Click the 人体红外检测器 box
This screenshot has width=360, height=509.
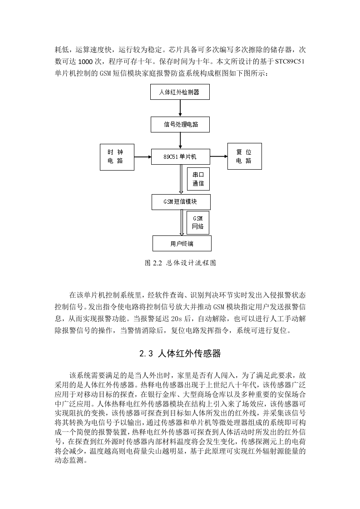(180, 92)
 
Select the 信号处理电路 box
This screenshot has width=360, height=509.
(180, 124)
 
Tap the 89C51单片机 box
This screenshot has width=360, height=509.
(181, 157)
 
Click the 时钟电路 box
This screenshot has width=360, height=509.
(117, 157)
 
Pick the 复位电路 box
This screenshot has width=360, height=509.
(244, 156)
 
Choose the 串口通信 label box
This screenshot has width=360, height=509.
(198, 179)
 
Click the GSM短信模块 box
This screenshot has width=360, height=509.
(181, 202)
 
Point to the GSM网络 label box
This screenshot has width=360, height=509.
(198, 223)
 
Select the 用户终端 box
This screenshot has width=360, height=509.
(182, 243)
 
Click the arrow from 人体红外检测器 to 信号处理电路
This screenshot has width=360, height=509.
(180, 108)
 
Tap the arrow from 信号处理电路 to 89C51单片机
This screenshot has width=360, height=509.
(180, 141)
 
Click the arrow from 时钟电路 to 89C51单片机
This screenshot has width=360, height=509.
(143, 157)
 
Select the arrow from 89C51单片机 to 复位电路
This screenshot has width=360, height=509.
(219, 157)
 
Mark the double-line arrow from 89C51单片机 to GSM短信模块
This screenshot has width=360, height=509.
(181, 179)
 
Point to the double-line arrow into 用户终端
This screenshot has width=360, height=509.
(182, 223)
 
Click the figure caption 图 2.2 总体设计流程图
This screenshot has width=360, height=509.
(180, 263)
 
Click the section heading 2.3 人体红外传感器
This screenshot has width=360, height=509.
(180, 353)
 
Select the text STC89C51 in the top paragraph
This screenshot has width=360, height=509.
(290, 61)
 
